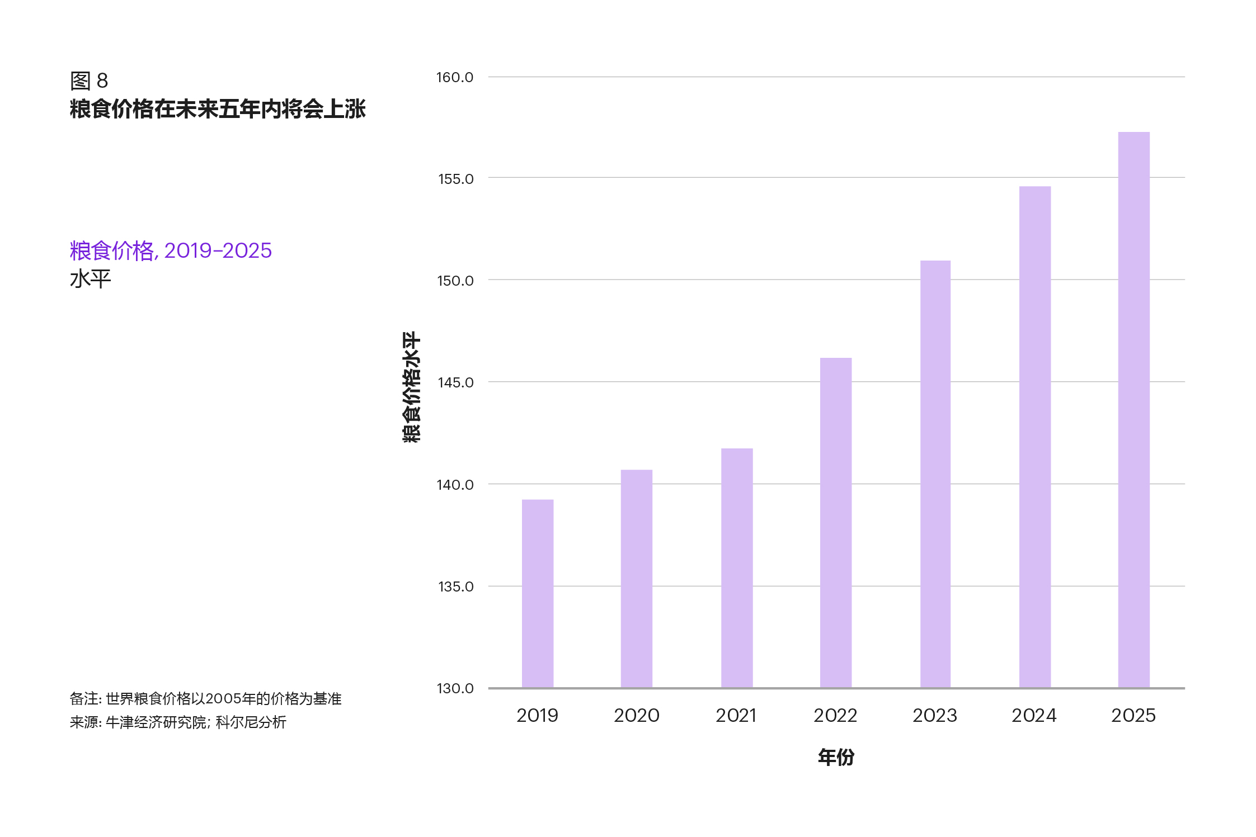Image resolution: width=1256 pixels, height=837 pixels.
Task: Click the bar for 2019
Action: pos(537,593)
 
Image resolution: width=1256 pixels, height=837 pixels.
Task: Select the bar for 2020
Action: pos(636,579)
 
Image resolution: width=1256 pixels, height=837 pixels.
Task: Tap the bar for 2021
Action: pos(736,568)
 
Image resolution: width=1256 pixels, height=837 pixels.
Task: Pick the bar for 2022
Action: pos(835,523)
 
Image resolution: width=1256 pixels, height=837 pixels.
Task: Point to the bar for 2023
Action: pos(935,474)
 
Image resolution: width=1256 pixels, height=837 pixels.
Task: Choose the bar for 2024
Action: pos(1034,437)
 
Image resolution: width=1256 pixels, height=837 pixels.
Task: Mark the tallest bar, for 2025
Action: pos(1133,410)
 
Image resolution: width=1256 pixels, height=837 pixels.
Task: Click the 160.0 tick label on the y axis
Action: pos(454,78)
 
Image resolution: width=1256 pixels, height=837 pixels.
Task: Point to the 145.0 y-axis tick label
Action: pos(455,383)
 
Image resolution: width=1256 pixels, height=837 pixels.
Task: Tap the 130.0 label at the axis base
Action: pos(454,688)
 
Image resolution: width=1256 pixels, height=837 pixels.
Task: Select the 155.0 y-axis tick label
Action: pos(455,179)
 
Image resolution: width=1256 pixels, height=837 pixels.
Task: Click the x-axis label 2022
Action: pos(835,716)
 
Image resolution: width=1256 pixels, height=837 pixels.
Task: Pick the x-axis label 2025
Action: pos(1133,716)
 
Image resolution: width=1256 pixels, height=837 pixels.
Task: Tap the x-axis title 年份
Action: pos(836,758)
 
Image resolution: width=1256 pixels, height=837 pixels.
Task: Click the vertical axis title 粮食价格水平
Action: pos(411,387)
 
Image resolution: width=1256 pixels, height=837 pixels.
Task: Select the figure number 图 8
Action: pos(89,81)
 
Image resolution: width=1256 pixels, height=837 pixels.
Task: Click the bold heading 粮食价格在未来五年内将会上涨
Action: pos(218,109)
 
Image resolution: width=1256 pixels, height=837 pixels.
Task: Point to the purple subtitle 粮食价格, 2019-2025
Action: pos(171,251)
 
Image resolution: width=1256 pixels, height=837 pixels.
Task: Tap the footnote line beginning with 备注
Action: pos(205,699)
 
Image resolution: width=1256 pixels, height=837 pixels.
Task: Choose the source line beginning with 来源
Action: pos(178,722)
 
